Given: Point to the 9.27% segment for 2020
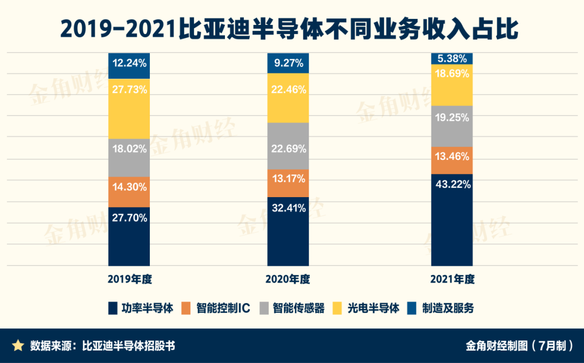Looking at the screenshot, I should [288, 63].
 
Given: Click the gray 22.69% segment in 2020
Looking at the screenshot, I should [288, 146].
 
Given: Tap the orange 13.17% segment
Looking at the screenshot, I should [288, 183].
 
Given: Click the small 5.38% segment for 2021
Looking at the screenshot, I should [452, 58].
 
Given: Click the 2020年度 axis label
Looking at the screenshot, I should [288, 280].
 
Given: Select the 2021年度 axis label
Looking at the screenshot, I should [452, 280].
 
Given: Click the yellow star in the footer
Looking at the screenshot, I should [18, 345].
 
